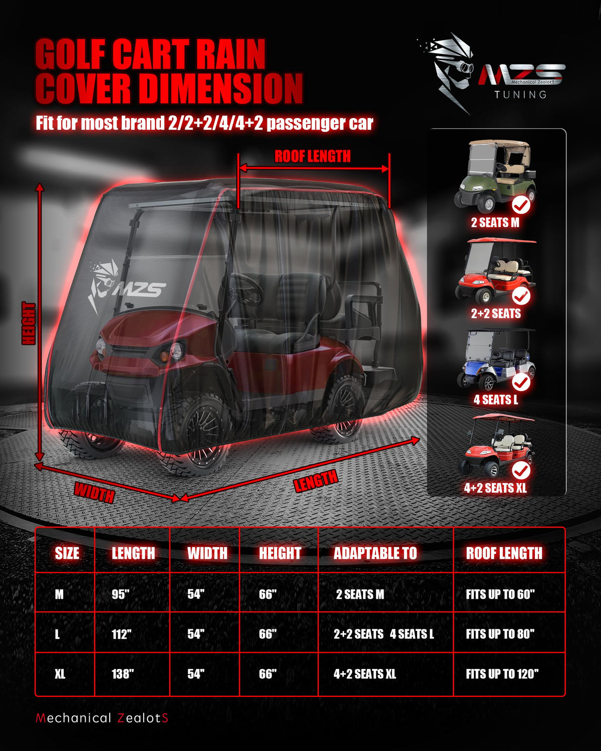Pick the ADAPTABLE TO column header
pos(375,553)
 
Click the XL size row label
pos(60,673)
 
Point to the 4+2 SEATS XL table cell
pos(365,673)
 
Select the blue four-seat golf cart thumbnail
pos(496,360)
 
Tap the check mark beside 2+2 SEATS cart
pos(521,296)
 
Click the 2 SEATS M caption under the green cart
pos(495,223)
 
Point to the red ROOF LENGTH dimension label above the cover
pos(313,156)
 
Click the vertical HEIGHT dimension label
pos(29,323)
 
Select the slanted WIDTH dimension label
pos(94,493)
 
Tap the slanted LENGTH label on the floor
pos(316,481)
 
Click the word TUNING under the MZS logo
pos(520,95)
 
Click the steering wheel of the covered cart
pos(246,290)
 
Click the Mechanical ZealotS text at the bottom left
pos(102,718)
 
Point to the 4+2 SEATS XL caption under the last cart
pos(495,488)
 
